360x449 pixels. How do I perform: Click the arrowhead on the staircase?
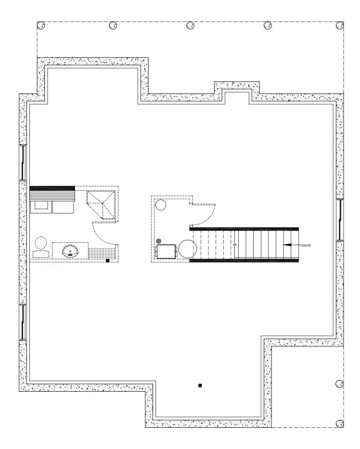pyautogui.click(x=287, y=245)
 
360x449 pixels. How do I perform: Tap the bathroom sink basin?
pyautogui.click(x=70, y=251)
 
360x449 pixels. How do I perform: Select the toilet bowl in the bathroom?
pyautogui.click(x=41, y=242)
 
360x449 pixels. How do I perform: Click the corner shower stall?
pyautogui.click(x=102, y=204)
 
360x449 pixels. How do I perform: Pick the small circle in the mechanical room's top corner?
pyautogui.click(x=161, y=205)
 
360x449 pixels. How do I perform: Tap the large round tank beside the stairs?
pyautogui.click(x=188, y=249)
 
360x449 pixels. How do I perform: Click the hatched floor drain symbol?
pyautogui.click(x=158, y=242)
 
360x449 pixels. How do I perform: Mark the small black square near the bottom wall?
pyautogui.click(x=200, y=385)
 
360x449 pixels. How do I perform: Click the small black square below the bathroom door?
pyautogui.click(x=108, y=261)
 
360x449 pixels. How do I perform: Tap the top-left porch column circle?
pyautogui.click(x=41, y=25)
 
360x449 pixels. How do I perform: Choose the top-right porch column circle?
pyautogui.click(x=340, y=25)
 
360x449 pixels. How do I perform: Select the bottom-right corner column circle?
pyautogui.click(x=340, y=424)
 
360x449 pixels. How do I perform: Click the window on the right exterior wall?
pyautogui.click(x=340, y=219)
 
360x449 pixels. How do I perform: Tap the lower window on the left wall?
pyautogui.click(x=22, y=321)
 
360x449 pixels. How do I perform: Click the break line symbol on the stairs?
pyautogui.click(x=235, y=245)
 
